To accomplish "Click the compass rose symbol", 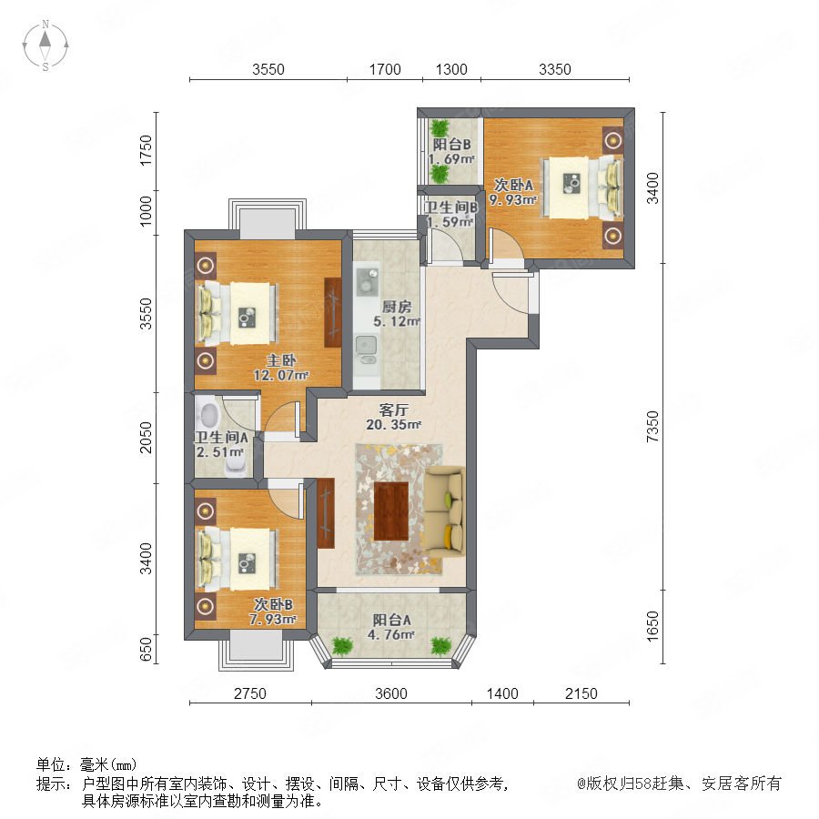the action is point(45,45).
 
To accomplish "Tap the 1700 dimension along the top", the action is point(385,69).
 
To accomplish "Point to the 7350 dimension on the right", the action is point(652,427).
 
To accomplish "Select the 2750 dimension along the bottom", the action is point(250,693).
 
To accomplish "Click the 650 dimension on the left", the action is point(147,649).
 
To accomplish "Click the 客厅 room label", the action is point(393,410).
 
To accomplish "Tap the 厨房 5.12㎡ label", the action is point(397,314).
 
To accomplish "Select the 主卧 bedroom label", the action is point(281,360).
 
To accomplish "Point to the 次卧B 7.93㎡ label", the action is point(273,612).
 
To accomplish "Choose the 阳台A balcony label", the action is point(391,620).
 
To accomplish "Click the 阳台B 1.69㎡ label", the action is point(451,151).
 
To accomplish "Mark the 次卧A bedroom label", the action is point(513,185).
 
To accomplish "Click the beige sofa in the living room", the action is point(443,511).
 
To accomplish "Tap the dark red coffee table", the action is point(391,511).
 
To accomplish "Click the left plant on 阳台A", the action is point(342,645).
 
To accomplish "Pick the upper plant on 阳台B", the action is point(440,128).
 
